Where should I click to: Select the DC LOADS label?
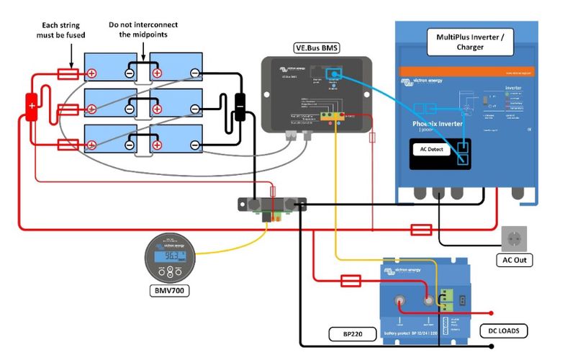pyautogui.click(x=503, y=331)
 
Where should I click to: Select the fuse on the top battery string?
pyautogui.click(x=68, y=73)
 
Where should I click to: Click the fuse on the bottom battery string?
pyautogui.click(x=68, y=145)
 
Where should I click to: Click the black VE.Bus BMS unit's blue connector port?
pyautogui.click(x=333, y=74)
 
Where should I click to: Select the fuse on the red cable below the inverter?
pyautogui.click(x=420, y=230)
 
